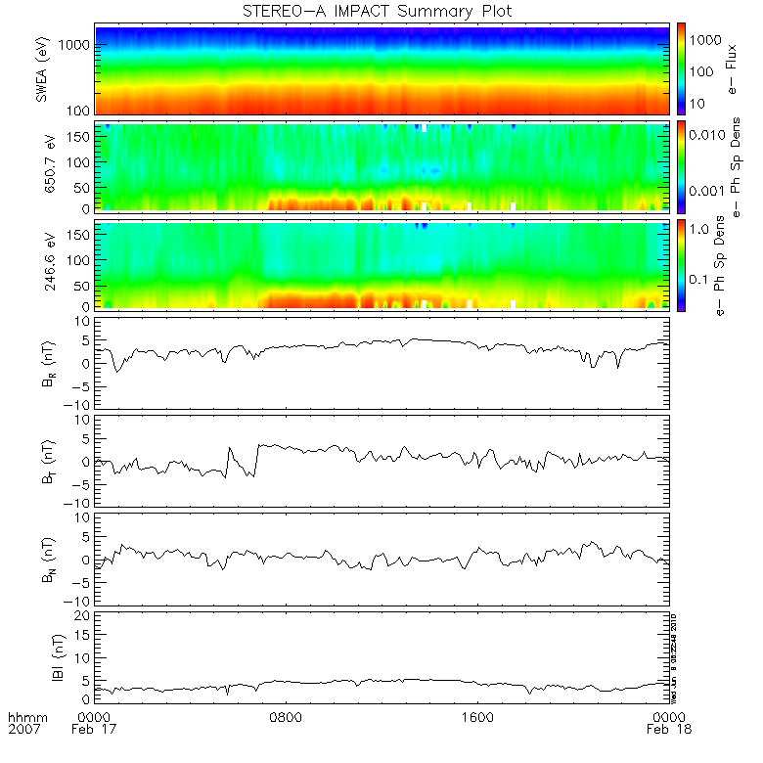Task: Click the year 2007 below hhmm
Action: click(23, 730)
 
